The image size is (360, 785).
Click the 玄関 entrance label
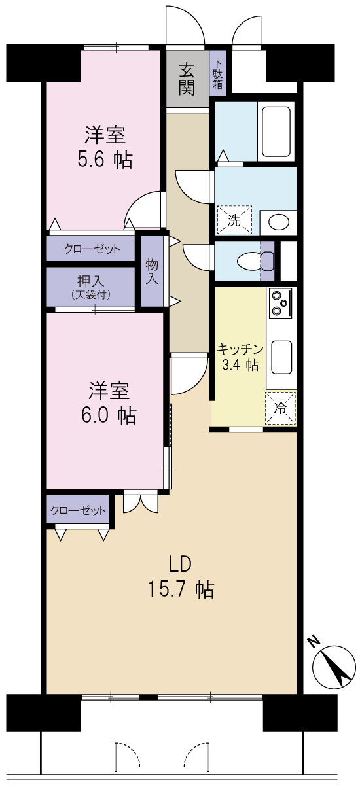(x=187, y=80)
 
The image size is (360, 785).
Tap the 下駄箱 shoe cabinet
(x=218, y=73)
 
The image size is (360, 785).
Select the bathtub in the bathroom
(x=277, y=131)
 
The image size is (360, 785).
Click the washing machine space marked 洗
(x=234, y=220)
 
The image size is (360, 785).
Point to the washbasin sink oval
(x=279, y=222)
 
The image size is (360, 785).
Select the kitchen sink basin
(x=282, y=357)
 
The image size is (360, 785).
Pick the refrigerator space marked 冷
(x=281, y=407)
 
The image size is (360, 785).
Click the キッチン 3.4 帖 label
(x=240, y=357)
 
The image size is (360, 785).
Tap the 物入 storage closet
(x=152, y=271)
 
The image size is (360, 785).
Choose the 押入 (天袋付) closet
(x=91, y=287)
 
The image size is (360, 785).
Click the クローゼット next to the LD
(x=78, y=510)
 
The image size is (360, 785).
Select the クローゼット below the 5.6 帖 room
(x=91, y=249)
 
